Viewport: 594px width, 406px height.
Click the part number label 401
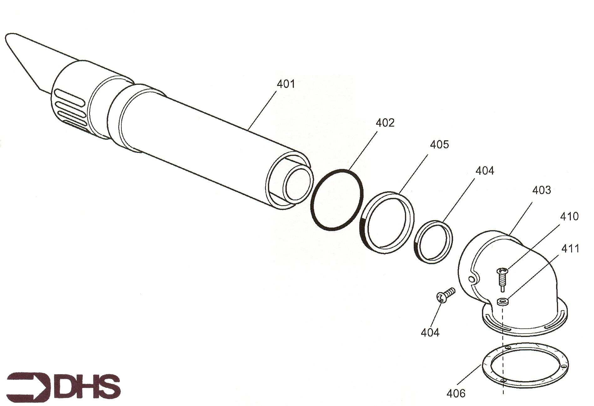(286, 84)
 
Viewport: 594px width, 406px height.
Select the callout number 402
(385, 123)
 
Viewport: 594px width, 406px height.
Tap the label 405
(439, 144)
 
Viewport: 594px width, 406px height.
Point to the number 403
(541, 190)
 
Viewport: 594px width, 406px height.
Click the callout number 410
(569, 216)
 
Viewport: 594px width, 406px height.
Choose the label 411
(570, 249)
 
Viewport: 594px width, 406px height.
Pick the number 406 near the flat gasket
(456, 393)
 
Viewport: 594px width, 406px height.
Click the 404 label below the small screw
(430, 332)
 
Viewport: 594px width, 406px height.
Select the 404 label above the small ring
(485, 171)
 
